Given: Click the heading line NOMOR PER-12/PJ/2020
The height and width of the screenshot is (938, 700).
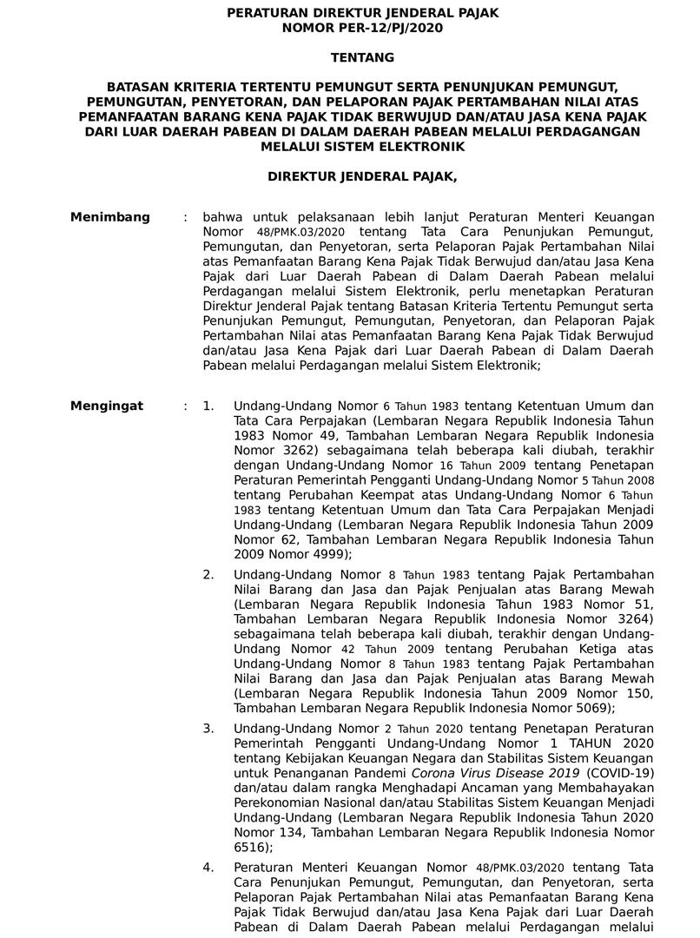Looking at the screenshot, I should (362, 29).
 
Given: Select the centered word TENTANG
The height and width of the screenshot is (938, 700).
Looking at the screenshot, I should (362, 58).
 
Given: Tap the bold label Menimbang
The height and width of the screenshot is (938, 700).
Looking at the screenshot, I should (110, 217).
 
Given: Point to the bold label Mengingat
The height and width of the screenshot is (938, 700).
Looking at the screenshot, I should (108, 406).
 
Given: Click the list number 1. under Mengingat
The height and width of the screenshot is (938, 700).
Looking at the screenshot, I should (208, 406).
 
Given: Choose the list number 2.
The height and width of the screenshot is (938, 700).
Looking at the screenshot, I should (208, 575).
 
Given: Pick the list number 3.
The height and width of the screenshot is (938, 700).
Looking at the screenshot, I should (208, 729).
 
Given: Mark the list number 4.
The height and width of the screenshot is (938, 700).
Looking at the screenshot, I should (208, 867).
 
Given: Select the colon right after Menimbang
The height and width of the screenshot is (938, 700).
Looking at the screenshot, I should (185, 217).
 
